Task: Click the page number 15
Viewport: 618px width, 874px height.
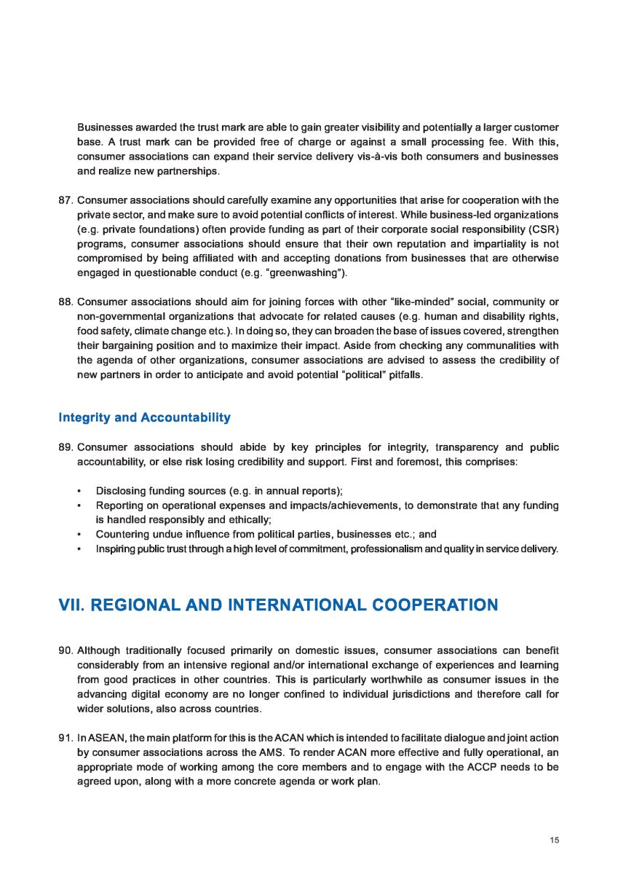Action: tap(555, 840)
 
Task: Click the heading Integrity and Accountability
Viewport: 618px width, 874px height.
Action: tap(144, 417)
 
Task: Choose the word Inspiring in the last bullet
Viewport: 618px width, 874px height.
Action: tap(116, 548)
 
